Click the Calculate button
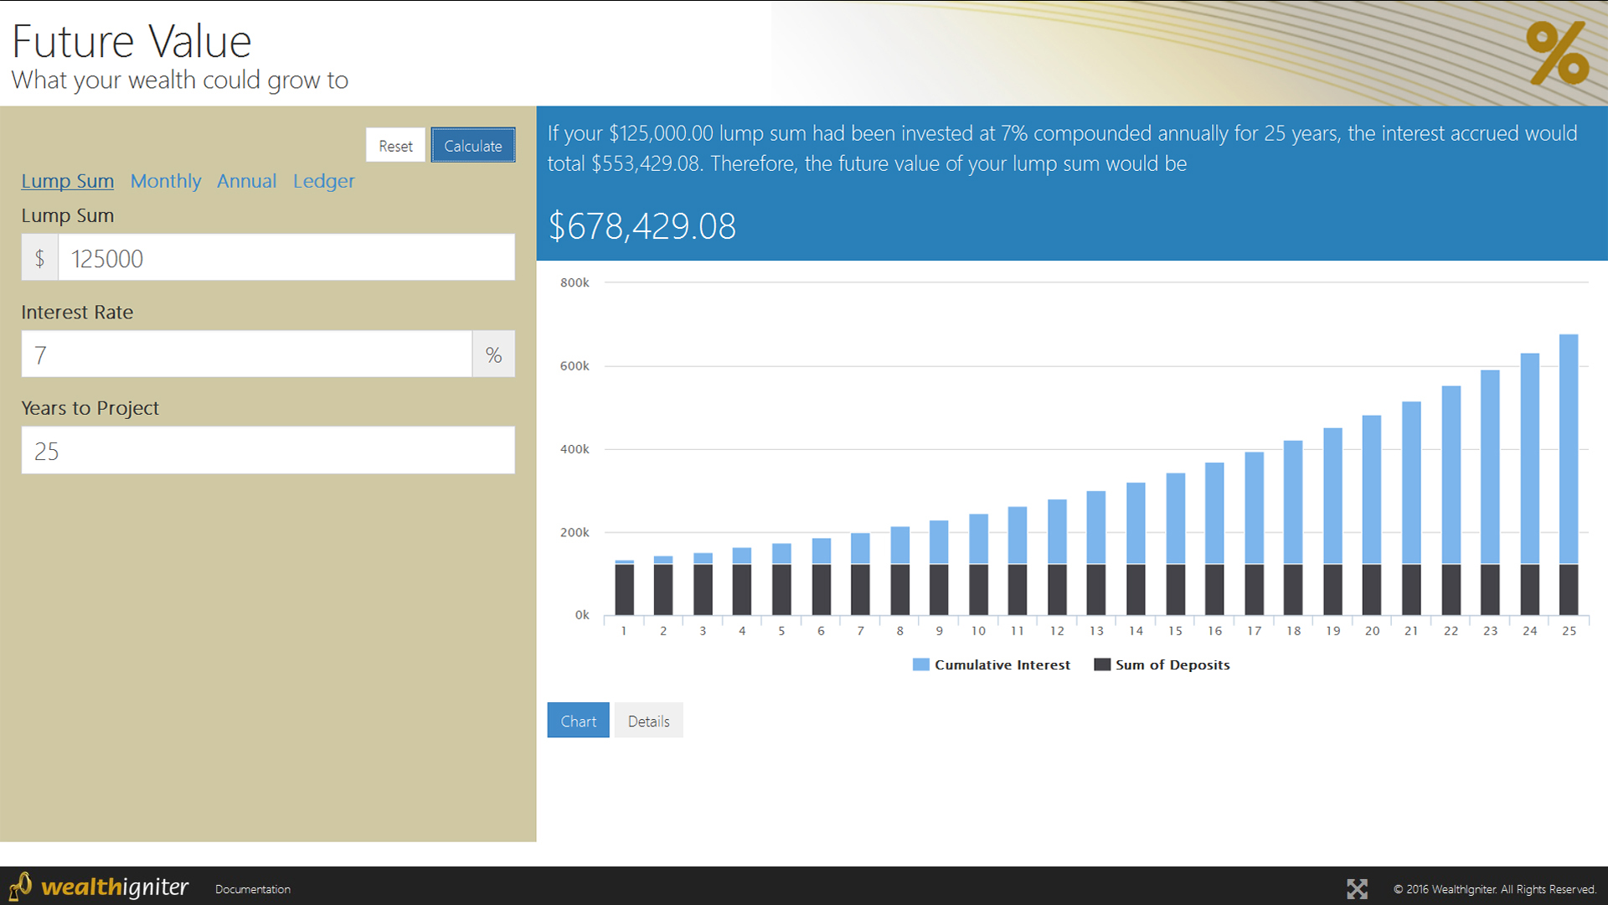tap(473, 146)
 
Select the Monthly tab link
tap(166, 181)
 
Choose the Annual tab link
tap(246, 181)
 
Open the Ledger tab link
tap(323, 181)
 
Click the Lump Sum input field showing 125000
tap(286, 258)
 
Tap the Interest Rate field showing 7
tap(247, 354)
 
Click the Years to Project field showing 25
tap(268, 451)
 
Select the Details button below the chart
tap(648, 721)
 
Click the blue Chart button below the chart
tap(578, 721)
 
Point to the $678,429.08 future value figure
tap(642, 226)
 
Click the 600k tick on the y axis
tap(575, 366)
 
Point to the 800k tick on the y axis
tap(575, 283)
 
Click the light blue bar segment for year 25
tap(1569, 448)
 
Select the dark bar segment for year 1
tap(624, 590)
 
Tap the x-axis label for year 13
tap(1096, 631)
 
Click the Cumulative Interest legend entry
tap(992, 665)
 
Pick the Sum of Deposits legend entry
tap(1162, 665)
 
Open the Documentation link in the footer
tap(253, 889)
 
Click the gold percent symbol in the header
tap(1557, 53)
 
